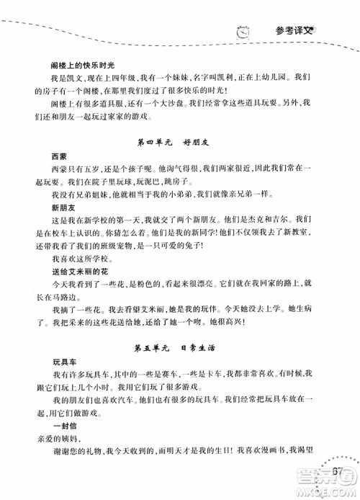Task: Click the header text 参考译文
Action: click(294, 30)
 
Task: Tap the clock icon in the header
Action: click(243, 31)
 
